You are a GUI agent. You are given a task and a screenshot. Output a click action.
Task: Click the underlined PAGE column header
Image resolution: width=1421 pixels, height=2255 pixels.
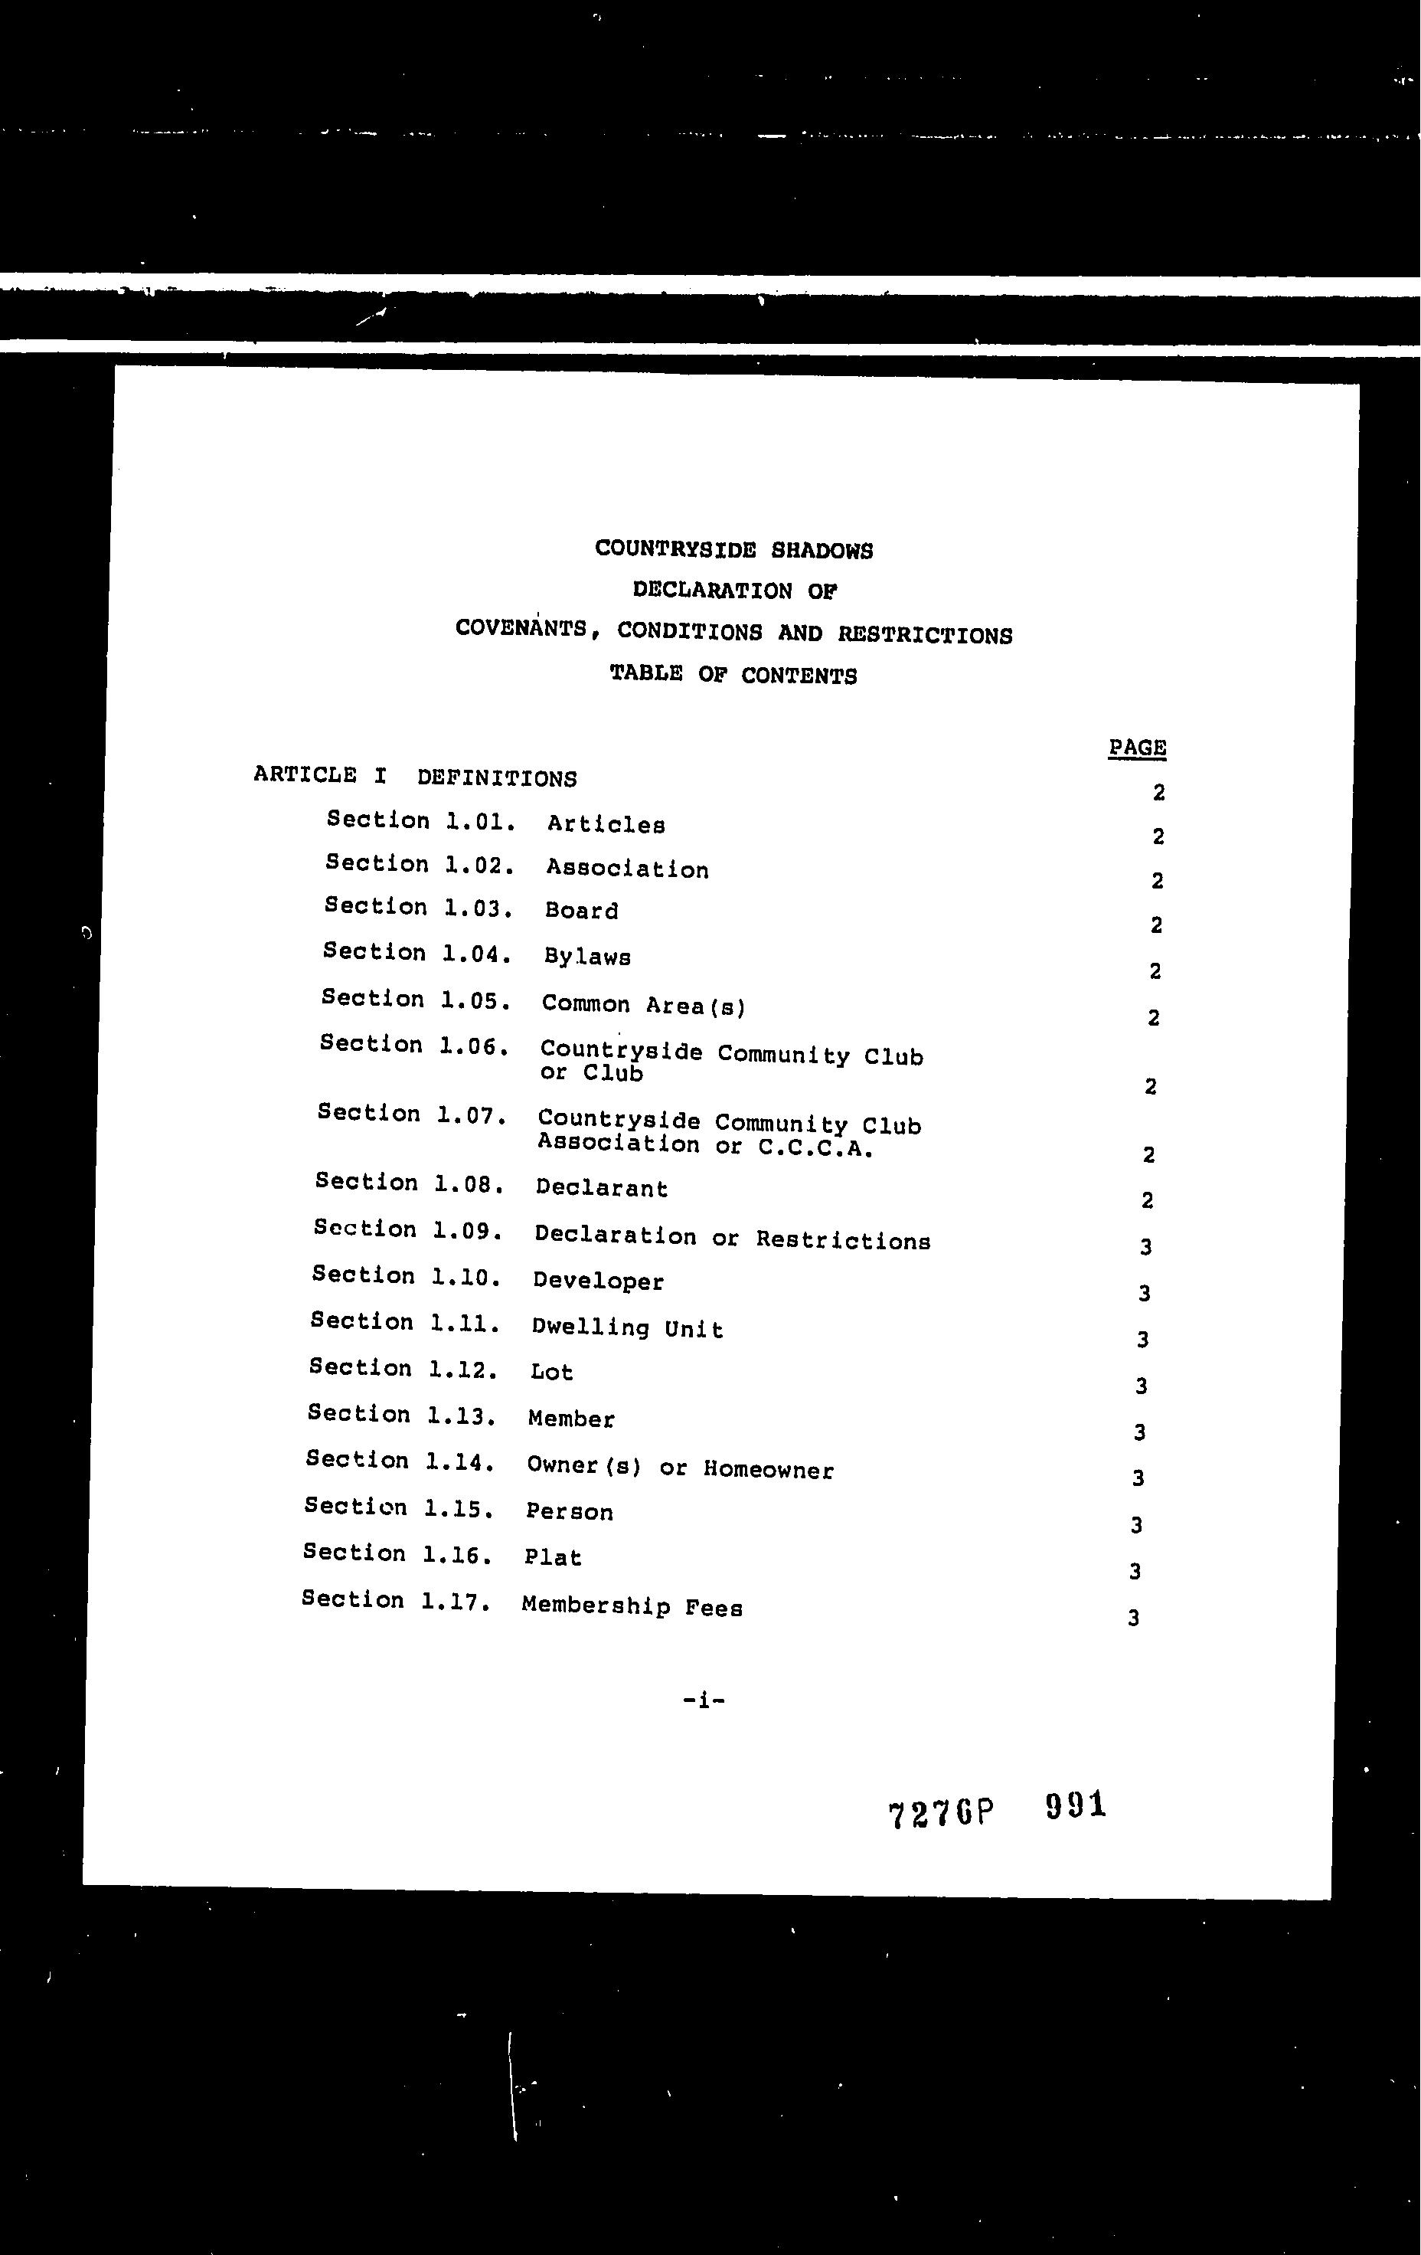click(1136, 748)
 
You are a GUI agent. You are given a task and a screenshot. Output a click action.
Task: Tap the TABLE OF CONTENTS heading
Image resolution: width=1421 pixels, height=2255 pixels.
click(733, 674)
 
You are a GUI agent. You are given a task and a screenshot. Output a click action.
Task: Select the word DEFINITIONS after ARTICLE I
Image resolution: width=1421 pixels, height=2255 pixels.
click(496, 778)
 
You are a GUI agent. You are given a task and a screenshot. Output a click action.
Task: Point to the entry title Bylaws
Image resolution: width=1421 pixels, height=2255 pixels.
click(587, 957)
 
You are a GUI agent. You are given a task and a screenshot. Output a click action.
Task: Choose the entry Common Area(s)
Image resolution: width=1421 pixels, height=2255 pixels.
click(643, 1005)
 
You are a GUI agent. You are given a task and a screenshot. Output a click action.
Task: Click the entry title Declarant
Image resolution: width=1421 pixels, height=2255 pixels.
click(601, 1188)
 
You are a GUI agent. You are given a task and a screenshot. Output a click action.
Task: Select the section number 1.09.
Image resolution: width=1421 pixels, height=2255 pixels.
click(468, 1229)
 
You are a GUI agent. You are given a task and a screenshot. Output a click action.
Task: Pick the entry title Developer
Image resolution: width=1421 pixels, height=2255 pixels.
click(598, 1281)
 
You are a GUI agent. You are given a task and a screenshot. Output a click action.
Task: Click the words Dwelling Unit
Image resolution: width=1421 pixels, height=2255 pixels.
click(627, 1328)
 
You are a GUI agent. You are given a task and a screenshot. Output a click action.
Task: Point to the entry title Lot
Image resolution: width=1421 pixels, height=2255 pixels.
click(551, 1372)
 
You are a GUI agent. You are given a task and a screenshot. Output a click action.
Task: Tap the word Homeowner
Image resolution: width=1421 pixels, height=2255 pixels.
click(768, 1469)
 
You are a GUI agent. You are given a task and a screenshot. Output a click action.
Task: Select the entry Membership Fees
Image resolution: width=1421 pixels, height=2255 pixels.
click(632, 1607)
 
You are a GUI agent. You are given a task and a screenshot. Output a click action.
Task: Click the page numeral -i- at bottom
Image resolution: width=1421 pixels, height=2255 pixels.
click(704, 1699)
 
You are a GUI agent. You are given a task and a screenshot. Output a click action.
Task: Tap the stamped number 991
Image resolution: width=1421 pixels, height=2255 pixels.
click(1075, 1804)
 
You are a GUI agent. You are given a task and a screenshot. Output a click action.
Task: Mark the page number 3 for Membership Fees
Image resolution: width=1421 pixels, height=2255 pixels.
click(1132, 1617)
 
